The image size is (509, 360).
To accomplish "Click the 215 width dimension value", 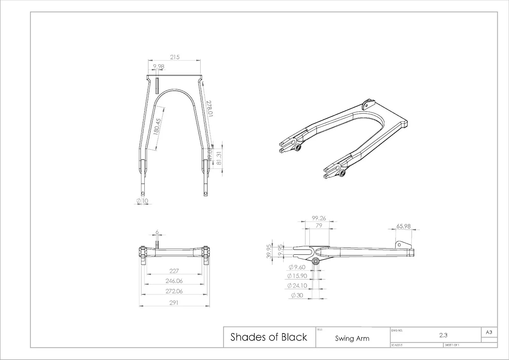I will tap(175, 57).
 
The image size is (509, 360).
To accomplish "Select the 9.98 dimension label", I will tap(158, 67).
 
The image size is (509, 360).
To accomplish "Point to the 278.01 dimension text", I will tap(210, 109).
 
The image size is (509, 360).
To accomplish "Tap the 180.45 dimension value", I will tap(157, 127).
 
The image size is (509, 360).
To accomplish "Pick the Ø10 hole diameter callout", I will tap(142, 201).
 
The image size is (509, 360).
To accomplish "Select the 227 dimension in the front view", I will tap(174, 271).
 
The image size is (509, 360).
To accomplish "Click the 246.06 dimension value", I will tap(174, 281).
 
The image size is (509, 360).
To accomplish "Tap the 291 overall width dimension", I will tap(174, 303).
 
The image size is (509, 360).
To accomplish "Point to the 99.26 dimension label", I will tap(319, 218).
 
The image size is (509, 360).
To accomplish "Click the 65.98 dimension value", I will tap(403, 226).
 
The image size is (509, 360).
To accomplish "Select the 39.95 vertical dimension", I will tap(269, 251).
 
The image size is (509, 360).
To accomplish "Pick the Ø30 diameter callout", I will tap(297, 295).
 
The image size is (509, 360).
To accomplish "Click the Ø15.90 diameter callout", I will tap(297, 276).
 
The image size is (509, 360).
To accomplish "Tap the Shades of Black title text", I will tap(269, 337).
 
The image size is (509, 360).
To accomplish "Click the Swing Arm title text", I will tap(352, 338).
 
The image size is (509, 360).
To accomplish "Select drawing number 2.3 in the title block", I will tap(443, 335).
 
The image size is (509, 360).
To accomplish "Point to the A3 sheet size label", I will tap(489, 332).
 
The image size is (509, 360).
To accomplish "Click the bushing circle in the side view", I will tap(316, 262).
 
